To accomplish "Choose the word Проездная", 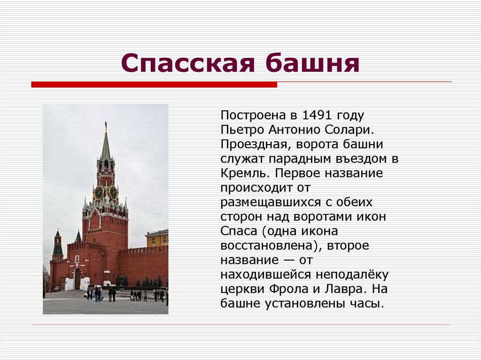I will tap(252, 144).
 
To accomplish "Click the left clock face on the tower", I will tap(99, 192).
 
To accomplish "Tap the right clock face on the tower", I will tap(113, 192).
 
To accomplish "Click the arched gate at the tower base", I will tap(78, 279).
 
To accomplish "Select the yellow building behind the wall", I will tap(157, 238).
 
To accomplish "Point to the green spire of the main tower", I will tap(106, 146).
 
